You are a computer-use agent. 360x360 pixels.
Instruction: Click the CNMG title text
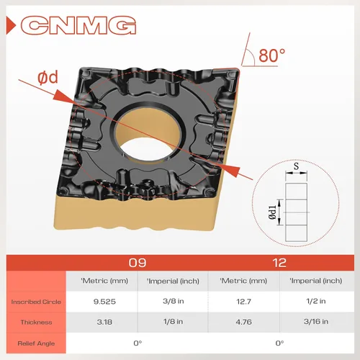pos(78,25)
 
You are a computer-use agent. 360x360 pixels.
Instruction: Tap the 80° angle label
pos(271,55)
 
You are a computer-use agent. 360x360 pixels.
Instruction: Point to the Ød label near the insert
pos(48,78)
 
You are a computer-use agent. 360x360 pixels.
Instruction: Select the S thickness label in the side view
pos(297,166)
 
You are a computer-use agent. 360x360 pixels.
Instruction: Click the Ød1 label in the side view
pos(272,212)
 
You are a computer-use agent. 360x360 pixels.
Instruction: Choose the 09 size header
pos(138,263)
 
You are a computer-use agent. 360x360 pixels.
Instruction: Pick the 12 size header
pos(279,263)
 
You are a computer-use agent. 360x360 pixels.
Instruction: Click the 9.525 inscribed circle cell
pos(104,302)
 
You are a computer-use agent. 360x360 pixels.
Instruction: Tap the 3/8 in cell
pos(174,301)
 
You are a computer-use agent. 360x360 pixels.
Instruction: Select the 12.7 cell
pos(243,302)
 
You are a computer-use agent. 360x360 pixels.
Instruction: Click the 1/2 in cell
pos(316,301)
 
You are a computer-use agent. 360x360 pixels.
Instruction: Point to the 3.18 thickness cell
pos(104,322)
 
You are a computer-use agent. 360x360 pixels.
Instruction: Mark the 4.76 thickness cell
pos(243,322)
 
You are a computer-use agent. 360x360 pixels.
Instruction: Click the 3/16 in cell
pos(316,321)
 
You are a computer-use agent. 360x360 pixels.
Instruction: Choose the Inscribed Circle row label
pos(36,302)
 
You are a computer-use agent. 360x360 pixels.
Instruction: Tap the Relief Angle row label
pos(36,343)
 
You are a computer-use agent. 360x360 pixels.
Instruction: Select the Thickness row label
pos(36,322)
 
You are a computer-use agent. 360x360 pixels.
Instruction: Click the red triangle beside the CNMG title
pos(11,25)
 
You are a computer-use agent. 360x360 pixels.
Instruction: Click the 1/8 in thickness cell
pos(173,321)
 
